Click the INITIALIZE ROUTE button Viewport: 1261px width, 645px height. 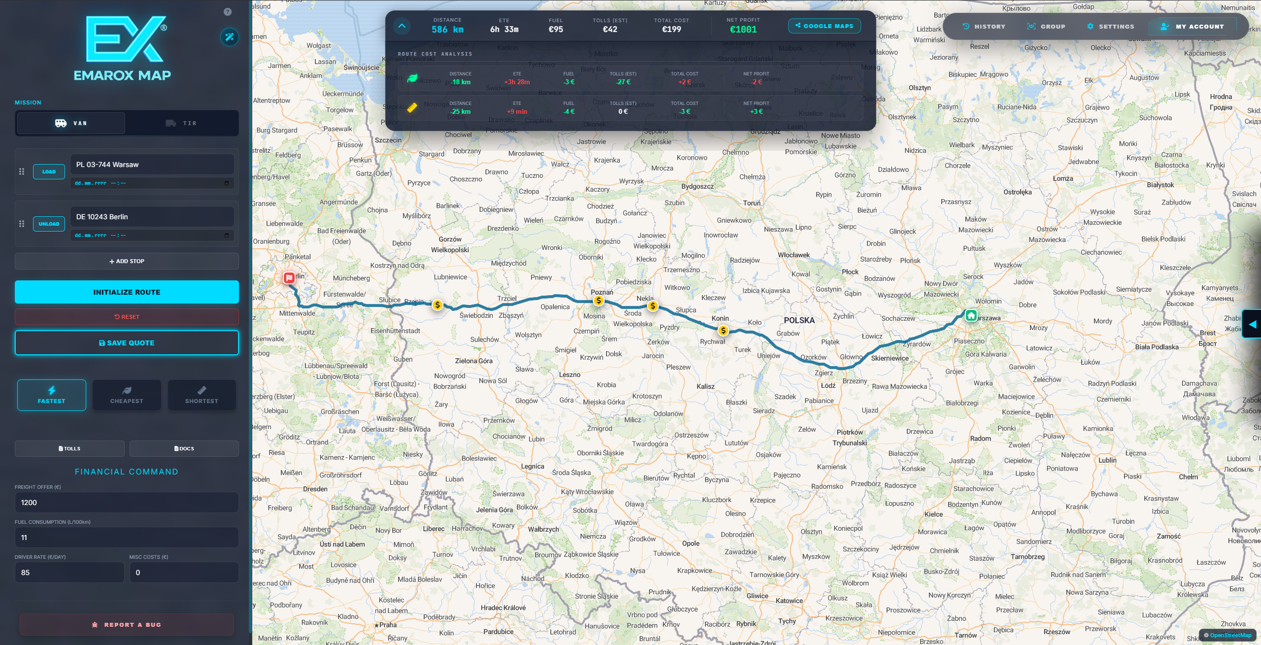127,292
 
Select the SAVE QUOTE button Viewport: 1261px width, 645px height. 127,343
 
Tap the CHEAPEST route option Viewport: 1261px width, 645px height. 127,395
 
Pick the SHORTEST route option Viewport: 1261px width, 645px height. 202,395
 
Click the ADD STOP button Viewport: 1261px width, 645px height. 127,261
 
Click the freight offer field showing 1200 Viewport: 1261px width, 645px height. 127,503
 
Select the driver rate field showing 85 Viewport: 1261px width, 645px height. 69,573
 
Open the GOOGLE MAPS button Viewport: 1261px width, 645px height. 824,26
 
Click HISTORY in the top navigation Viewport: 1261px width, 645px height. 984,27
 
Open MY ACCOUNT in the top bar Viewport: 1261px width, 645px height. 1193,27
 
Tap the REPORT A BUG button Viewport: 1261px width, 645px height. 127,625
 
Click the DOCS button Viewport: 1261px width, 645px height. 184,448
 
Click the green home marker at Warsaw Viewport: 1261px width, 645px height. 971,315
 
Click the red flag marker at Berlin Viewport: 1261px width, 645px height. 289,278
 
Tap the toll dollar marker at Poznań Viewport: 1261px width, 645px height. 598,301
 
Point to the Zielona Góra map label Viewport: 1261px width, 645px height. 474,361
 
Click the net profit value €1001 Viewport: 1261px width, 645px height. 743,30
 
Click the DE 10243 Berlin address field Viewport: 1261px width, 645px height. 152,217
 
